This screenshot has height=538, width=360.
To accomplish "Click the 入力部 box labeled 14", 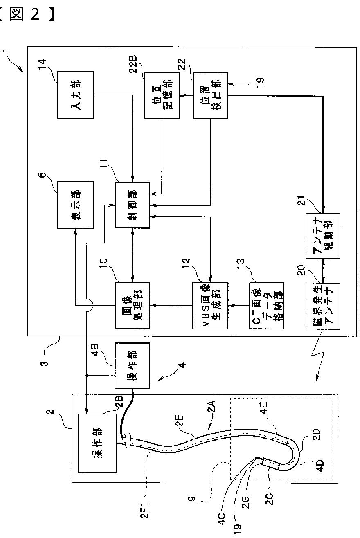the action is tap(76, 95).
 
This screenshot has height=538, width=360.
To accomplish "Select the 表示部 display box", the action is tap(76, 205).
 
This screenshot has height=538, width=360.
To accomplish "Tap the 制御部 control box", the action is tap(132, 205).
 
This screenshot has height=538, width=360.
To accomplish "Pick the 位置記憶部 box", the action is tap(162, 95).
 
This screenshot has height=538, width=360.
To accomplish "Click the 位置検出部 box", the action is tap(211, 96).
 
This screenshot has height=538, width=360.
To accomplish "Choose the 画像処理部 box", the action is tap(132, 305).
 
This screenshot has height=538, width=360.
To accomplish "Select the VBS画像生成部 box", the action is tap(210, 306).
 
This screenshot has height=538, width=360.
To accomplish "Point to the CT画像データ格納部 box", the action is tap(267, 306).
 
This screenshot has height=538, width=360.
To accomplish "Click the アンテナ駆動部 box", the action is tap(323, 236).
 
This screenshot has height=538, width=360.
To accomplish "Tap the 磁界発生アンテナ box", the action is tap(323, 306).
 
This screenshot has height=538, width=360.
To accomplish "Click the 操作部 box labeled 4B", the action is tap(132, 366).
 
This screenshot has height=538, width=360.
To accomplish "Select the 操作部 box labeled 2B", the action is tap(97, 443).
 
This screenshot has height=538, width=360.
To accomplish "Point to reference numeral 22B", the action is tap(133, 64).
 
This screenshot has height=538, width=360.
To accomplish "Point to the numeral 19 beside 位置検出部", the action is tap(260, 83).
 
